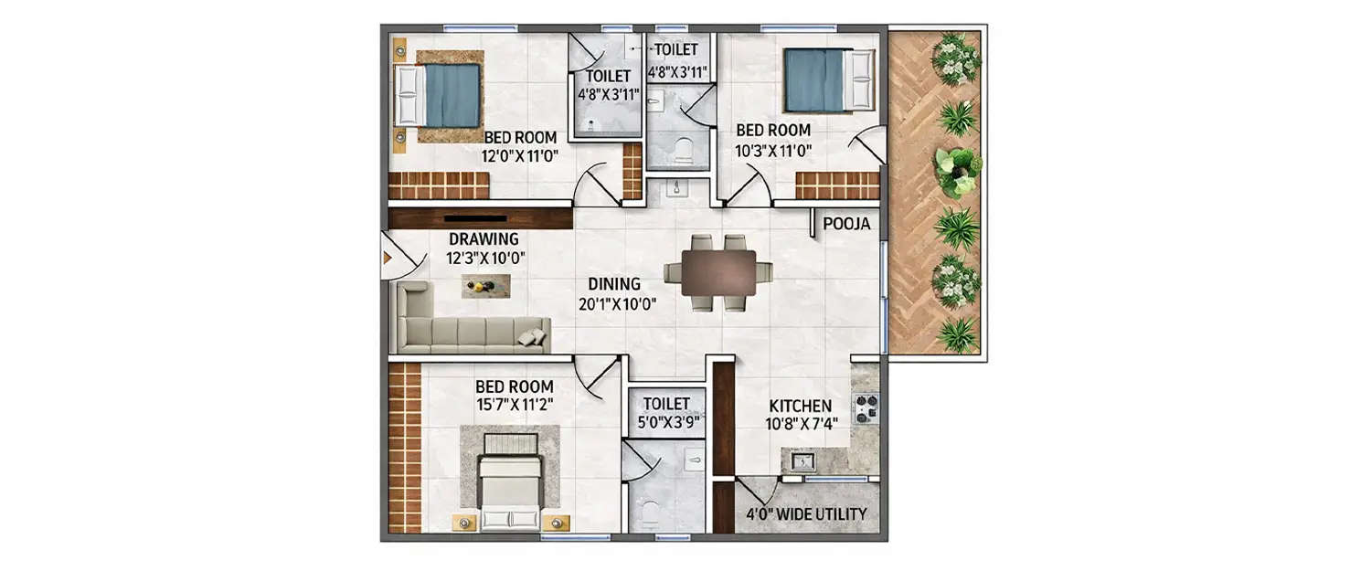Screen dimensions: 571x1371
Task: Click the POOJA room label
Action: click(x=846, y=224)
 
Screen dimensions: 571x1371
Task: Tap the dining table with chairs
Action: click(x=718, y=272)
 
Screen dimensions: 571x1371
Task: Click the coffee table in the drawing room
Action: click(x=484, y=287)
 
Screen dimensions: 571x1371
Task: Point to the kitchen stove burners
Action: click(x=865, y=407)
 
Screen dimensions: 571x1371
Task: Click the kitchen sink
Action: click(x=802, y=461)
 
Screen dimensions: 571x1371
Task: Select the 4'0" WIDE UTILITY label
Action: click(x=806, y=514)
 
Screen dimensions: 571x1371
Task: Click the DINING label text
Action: click(x=613, y=284)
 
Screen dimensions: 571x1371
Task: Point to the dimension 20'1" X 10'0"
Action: click(x=618, y=304)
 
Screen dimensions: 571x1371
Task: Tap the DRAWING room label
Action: click(x=484, y=239)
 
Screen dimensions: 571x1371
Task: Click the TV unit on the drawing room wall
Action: click(x=479, y=218)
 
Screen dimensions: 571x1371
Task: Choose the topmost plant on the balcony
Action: click(x=958, y=58)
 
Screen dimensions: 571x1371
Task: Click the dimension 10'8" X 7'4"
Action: click(x=802, y=424)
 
